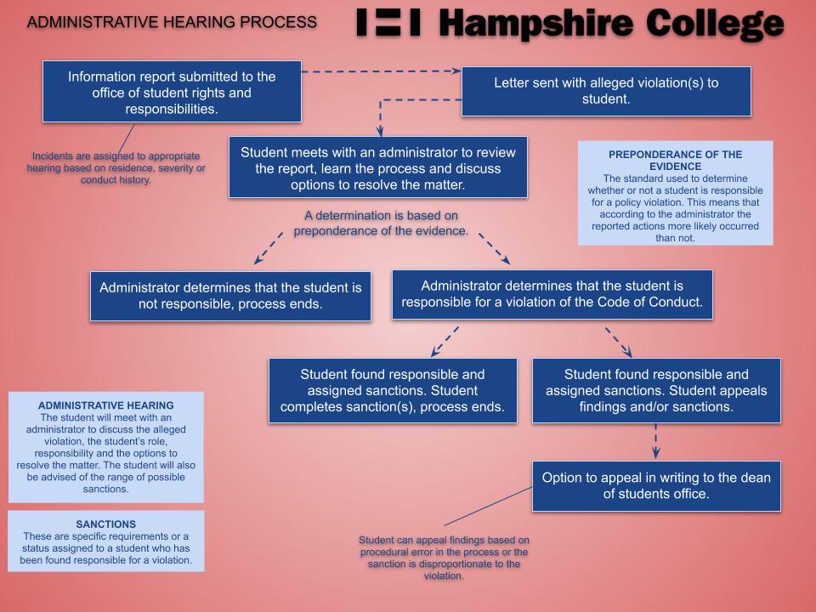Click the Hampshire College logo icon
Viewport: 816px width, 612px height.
pyautogui.click(x=388, y=23)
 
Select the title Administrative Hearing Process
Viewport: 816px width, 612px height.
pyautogui.click(x=173, y=21)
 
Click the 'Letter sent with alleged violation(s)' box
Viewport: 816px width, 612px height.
pyautogui.click(x=606, y=91)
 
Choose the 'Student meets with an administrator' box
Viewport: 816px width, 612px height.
pyautogui.click(x=377, y=167)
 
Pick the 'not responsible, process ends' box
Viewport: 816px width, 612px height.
pyautogui.click(x=230, y=296)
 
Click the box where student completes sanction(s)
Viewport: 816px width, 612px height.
pyautogui.click(x=393, y=390)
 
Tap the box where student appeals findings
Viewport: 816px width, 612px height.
pyautogui.click(x=656, y=390)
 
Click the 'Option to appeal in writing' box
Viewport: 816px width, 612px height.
pyautogui.click(x=656, y=485)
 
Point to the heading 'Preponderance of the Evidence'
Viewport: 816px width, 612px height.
pyautogui.click(x=676, y=160)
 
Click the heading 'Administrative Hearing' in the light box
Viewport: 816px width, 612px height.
pyautogui.click(x=106, y=405)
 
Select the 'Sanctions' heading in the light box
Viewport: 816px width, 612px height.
pyautogui.click(x=106, y=524)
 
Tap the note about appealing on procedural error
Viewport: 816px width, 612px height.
pyautogui.click(x=444, y=558)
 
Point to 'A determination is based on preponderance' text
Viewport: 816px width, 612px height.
pyautogui.click(x=381, y=223)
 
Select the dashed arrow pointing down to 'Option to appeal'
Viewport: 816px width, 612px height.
pyautogui.click(x=655, y=442)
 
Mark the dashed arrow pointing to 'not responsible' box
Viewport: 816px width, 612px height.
pyautogui.click(x=269, y=248)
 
